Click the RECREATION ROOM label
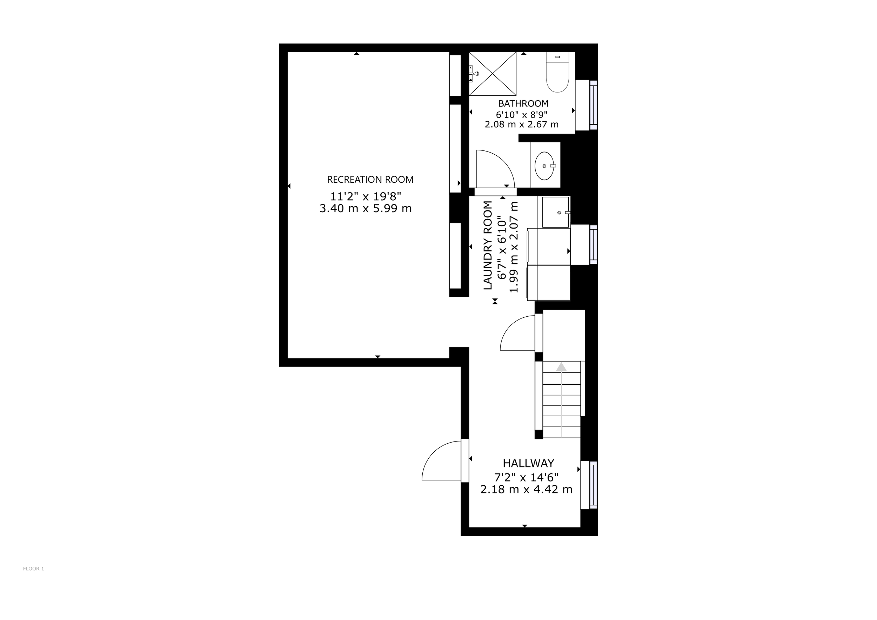point(370,180)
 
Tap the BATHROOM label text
point(523,103)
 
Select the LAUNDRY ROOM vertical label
point(488,245)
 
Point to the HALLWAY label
point(528,463)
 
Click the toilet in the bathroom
point(558,72)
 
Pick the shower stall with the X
point(493,74)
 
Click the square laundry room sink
point(556,212)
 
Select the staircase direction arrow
point(561,399)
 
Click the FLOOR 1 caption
point(34,568)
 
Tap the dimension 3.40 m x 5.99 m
point(366,208)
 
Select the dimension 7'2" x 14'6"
point(526,477)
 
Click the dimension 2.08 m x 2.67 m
point(522,124)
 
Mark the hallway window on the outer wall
point(593,485)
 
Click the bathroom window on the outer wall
point(593,105)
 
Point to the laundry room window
point(593,244)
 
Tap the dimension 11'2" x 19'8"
point(366,197)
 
